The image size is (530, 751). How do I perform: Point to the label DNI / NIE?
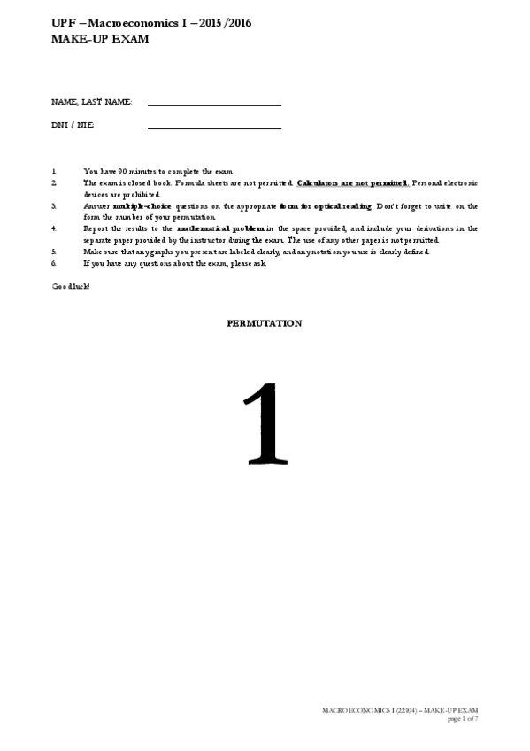[73, 126]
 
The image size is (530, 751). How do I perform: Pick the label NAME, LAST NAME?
[92, 103]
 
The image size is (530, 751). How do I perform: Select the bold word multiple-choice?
[142, 205]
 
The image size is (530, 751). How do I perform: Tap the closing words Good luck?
[71, 286]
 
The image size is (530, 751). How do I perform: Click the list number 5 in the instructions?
[54, 252]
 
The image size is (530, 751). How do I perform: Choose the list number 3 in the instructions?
[54, 205]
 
